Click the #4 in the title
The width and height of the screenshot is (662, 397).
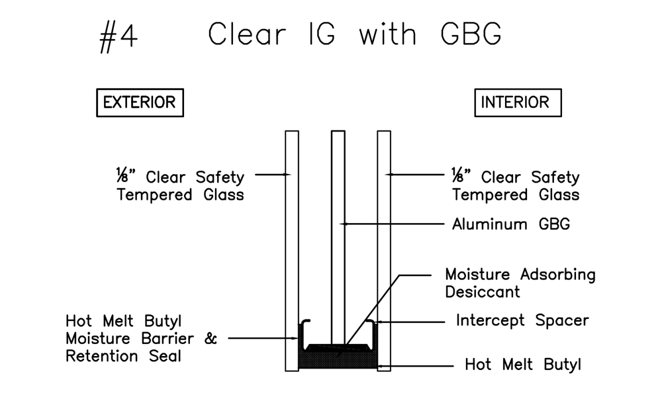click(118, 36)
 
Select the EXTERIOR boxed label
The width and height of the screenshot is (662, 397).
click(140, 103)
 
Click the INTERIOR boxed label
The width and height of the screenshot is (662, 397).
click(518, 103)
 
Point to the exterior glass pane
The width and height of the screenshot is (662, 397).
click(291, 251)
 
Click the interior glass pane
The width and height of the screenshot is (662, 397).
click(384, 251)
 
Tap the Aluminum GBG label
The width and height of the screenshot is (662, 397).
click(510, 224)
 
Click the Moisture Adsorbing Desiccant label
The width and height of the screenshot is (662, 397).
click(520, 283)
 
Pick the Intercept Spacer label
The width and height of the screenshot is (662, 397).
click(522, 321)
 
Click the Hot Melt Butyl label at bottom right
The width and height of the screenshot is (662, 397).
click(522, 364)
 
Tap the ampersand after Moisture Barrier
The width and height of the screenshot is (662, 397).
click(211, 339)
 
